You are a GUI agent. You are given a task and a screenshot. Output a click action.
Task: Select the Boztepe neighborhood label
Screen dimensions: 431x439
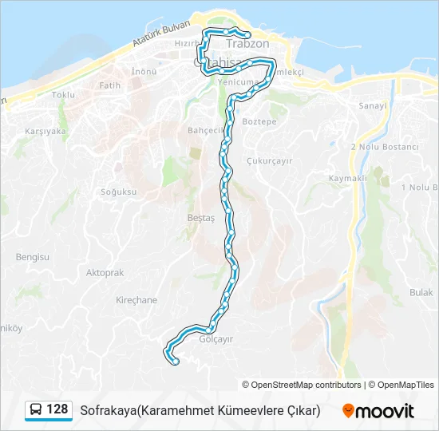(259, 122)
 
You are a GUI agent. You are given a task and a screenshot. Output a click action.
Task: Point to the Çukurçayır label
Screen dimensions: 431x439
(271, 160)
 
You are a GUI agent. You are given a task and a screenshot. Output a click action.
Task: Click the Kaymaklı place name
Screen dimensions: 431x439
(347, 178)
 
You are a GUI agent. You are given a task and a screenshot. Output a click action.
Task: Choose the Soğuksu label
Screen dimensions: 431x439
(119, 192)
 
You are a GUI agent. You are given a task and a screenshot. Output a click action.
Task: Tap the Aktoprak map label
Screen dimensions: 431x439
(105, 272)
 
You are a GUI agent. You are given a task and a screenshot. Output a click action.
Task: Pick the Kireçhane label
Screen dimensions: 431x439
(136, 300)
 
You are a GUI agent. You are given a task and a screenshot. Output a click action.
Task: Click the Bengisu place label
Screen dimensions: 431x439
(33, 257)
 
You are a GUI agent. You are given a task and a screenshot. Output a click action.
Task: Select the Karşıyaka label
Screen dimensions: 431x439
(45, 131)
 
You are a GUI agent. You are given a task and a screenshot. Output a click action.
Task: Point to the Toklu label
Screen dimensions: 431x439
(63, 94)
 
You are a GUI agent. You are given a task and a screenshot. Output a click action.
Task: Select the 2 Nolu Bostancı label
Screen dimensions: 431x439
(385, 147)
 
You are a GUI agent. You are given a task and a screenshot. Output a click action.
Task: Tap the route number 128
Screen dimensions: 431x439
(57, 409)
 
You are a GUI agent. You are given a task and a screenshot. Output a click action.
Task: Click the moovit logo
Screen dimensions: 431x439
(378, 411)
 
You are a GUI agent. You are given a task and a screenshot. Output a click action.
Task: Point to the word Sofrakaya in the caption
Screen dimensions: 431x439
(107, 410)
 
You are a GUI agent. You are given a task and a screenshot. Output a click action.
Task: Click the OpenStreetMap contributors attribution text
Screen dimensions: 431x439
(301, 385)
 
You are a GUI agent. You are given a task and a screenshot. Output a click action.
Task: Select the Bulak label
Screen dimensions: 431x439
(421, 293)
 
